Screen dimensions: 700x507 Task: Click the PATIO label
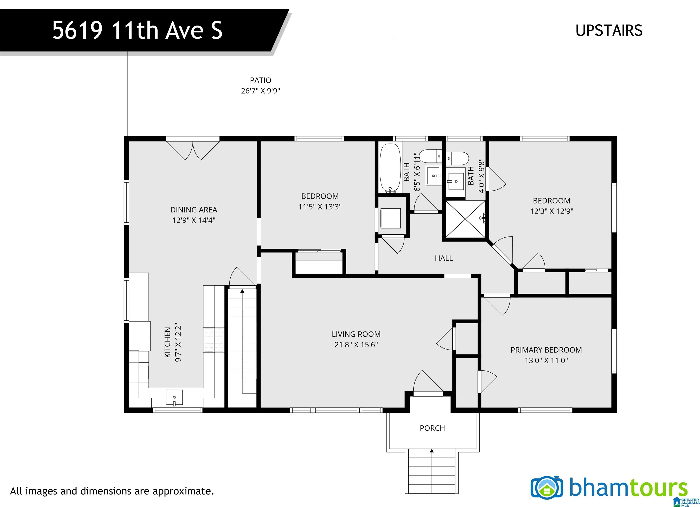coord(260,80)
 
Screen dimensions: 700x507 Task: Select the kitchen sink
coord(174,397)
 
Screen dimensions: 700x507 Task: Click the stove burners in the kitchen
coord(214,340)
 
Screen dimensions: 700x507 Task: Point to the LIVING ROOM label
coord(356,334)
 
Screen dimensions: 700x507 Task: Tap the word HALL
coord(444,258)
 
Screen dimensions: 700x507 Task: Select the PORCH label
coord(432,428)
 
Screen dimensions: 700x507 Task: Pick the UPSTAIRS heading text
coord(609,31)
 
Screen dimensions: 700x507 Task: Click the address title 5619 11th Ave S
coord(137,30)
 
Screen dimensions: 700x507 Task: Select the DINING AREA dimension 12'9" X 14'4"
coord(194,220)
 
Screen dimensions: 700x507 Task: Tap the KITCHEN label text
coord(167,342)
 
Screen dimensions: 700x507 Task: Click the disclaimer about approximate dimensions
coord(112,491)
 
